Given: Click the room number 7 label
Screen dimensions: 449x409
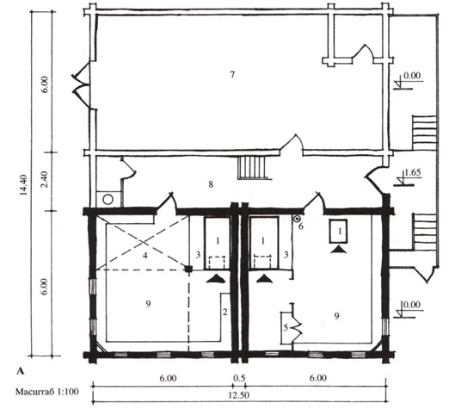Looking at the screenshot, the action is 232,75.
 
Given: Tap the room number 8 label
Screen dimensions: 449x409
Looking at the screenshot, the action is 211,184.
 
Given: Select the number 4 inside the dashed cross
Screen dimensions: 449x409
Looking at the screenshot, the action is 145,255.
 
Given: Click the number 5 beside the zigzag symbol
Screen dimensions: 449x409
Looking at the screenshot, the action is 286,327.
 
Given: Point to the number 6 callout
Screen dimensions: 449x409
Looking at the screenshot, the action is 301,226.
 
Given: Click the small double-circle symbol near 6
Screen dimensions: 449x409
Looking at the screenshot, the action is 297,220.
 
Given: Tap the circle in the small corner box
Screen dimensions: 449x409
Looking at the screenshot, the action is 108,200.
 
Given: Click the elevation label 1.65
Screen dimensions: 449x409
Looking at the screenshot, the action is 413,172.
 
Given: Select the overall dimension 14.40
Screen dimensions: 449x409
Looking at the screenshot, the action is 23,184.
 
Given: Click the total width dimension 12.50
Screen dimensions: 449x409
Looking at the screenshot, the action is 239,395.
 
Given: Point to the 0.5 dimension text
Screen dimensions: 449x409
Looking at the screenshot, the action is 239,378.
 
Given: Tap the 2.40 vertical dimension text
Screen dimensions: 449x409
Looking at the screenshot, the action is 45,179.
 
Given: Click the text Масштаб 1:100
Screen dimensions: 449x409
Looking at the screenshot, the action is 47,392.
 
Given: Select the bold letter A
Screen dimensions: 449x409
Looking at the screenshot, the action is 21,371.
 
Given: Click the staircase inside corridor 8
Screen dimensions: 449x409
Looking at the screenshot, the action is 252,168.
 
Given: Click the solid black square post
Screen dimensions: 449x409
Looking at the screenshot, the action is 188,269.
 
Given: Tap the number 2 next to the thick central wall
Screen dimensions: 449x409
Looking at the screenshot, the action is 225,312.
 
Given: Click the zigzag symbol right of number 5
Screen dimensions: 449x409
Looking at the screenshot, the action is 297,328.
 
